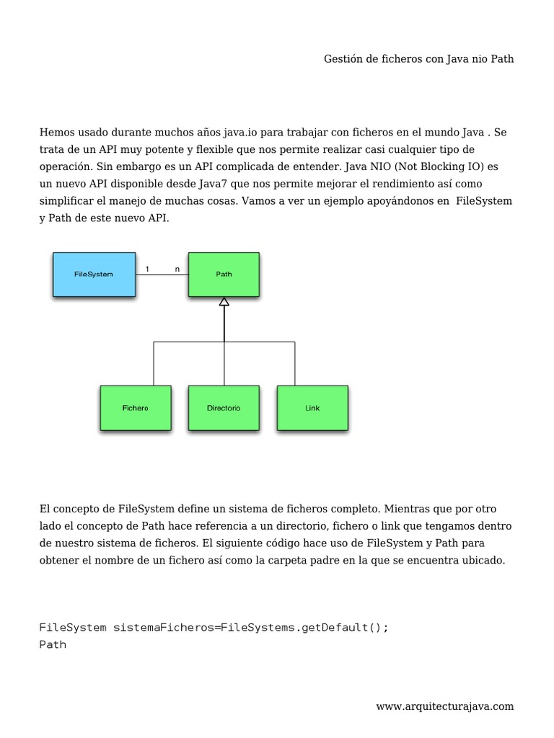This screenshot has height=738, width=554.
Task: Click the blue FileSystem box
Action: point(94,274)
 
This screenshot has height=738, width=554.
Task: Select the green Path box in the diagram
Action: point(224,274)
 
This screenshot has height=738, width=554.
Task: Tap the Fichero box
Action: point(136,408)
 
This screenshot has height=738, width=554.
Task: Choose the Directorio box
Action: point(224,408)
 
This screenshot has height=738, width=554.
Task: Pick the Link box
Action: point(312,408)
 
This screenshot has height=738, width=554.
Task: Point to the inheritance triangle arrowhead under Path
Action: point(224,302)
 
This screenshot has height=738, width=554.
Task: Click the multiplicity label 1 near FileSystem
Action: point(147,269)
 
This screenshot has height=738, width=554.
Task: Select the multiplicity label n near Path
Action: point(177,269)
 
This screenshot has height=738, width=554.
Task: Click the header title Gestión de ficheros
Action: point(418,59)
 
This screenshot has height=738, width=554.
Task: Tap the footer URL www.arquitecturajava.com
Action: point(444,706)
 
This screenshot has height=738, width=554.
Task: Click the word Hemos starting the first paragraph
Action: point(56,133)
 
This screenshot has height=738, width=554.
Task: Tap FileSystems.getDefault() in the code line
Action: point(304,627)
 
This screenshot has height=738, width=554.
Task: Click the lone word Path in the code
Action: point(53,644)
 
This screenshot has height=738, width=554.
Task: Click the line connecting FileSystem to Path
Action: point(162,275)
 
